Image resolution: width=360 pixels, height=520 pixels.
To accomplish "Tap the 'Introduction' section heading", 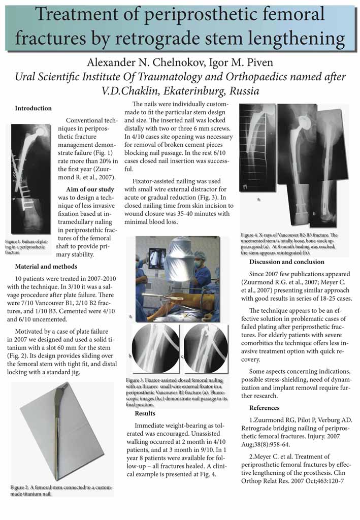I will (33, 108).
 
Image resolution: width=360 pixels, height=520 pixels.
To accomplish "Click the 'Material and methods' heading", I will (46, 266).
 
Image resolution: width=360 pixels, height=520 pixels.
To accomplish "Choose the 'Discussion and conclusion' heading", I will (286, 262).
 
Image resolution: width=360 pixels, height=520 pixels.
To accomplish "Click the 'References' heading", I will (264, 408).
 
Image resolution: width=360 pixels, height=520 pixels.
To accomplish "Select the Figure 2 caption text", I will (61, 491).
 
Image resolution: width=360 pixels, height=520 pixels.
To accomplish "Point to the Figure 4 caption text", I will (289, 244).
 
